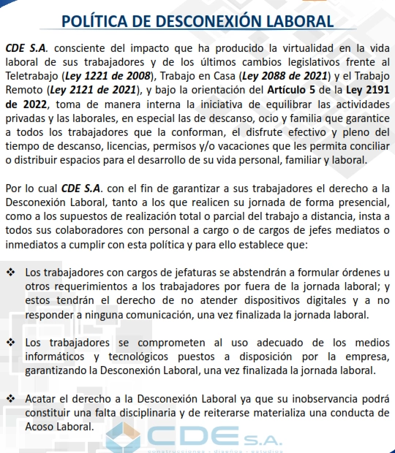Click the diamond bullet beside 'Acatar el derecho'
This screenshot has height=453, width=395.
tap(11, 397)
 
